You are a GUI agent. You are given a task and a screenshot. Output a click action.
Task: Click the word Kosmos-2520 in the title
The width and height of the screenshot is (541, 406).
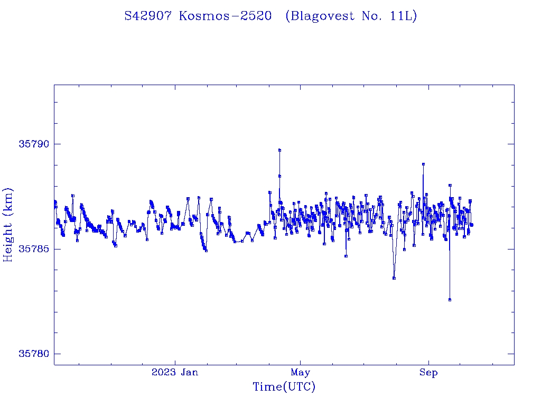(225, 16)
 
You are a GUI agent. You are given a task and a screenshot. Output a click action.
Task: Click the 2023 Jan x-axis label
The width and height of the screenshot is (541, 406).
(175, 372)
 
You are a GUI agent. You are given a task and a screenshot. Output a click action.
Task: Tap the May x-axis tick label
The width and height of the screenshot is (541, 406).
(300, 372)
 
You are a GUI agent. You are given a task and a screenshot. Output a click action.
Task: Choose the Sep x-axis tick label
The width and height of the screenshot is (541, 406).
(428, 372)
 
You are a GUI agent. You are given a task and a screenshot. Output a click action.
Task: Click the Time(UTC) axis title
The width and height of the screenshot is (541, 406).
(284, 387)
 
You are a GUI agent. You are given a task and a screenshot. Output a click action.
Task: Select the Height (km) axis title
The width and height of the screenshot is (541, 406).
(8, 225)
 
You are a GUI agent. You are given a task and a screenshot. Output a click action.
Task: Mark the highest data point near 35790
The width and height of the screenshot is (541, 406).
(279, 150)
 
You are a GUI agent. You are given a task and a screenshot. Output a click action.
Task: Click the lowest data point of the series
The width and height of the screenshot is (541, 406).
(450, 300)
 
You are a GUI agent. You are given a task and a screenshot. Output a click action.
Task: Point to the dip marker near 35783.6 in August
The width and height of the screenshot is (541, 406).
(394, 278)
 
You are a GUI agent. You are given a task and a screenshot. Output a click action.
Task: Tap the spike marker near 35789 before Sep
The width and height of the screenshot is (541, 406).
(423, 164)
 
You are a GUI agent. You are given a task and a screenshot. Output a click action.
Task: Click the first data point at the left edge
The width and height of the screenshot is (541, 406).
(54, 201)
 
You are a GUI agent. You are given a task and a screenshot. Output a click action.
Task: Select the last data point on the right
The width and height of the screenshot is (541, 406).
(471, 225)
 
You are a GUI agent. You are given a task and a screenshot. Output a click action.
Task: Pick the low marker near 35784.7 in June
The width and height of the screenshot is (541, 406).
(346, 256)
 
